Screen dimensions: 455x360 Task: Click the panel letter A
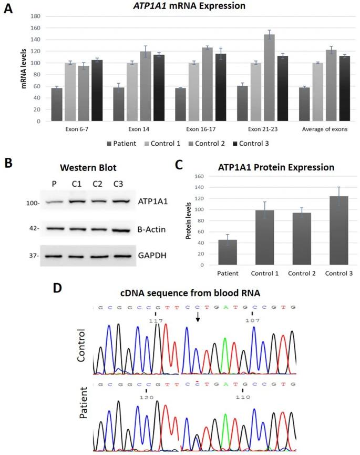(8, 9)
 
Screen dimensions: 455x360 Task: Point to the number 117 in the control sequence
(157, 320)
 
